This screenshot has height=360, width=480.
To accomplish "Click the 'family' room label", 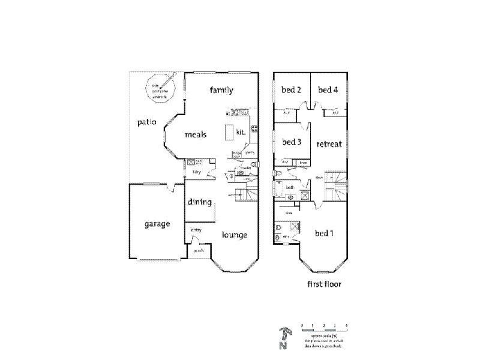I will [x=221, y=91].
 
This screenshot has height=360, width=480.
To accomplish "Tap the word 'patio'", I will [x=146, y=122].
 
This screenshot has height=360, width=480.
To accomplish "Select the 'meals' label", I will [x=196, y=134].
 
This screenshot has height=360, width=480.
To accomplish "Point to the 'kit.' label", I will [x=241, y=131].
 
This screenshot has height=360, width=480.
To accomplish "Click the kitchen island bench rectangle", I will [x=228, y=131].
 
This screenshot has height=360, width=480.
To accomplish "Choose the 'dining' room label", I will [x=199, y=202].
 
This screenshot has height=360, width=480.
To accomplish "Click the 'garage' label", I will [x=157, y=224].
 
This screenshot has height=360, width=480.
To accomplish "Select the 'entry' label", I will [x=196, y=230].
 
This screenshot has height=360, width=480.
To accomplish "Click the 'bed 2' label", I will [x=291, y=91].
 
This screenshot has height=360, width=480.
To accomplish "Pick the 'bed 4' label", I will [x=328, y=91].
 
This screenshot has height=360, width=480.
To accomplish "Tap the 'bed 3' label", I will [x=291, y=142].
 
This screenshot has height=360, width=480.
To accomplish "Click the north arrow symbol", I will [x=284, y=338].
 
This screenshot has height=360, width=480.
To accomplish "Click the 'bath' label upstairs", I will [x=289, y=188].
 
